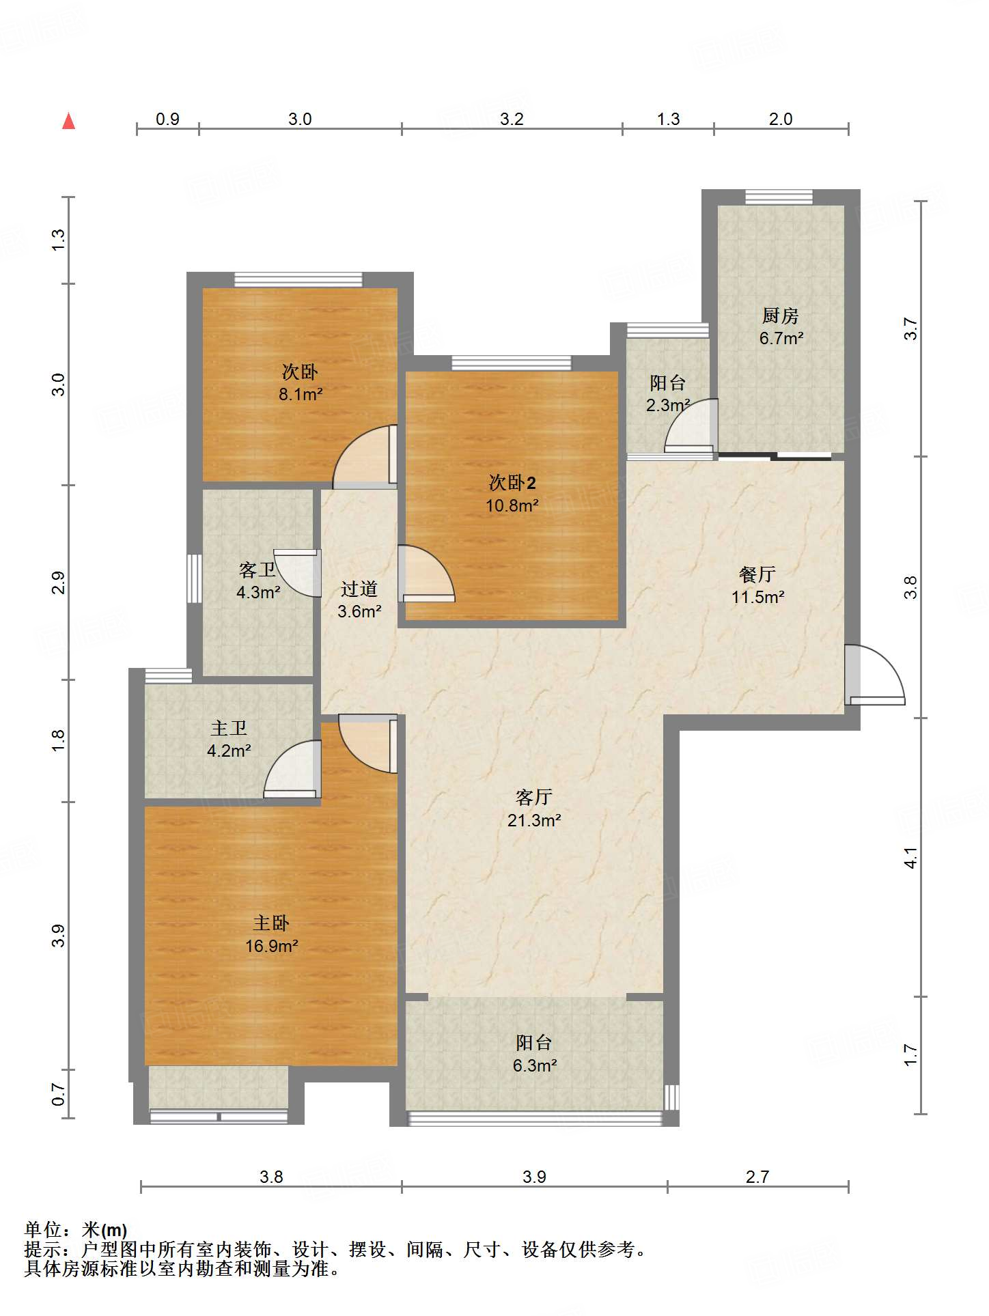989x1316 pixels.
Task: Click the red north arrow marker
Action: click(x=68, y=121)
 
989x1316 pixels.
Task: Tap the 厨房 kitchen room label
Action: click(x=780, y=316)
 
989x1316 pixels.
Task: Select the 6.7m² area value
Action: click(x=781, y=338)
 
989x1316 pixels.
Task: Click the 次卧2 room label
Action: click(x=512, y=483)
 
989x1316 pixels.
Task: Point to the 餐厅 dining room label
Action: click(x=757, y=574)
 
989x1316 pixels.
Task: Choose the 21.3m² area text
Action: click(x=534, y=820)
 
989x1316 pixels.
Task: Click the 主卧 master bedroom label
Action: click(x=271, y=923)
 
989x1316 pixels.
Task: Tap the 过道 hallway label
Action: click(x=359, y=589)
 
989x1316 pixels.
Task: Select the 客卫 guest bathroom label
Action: click(x=257, y=570)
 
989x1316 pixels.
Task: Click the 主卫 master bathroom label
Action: click(x=229, y=729)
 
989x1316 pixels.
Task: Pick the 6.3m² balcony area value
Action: click(x=535, y=1065)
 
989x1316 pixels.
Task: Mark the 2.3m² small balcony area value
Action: click(x=668, y=405)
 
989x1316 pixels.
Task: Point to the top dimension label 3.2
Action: click(x=512, y=119)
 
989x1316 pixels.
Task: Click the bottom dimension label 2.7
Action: click(x=757, y=1177)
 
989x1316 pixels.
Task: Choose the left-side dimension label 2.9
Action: click(x=59, y=583)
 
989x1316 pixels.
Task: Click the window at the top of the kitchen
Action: click(x=779, y=197)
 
